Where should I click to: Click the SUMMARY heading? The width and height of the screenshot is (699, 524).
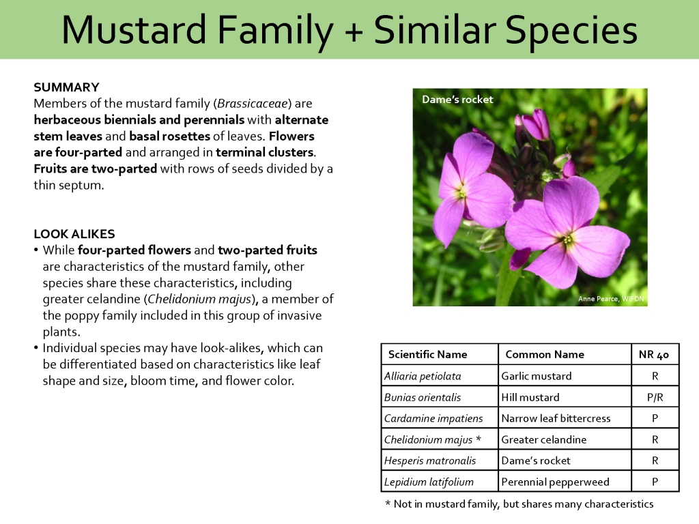click(66, 87)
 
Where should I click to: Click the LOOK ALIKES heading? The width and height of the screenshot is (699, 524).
click(74, 234)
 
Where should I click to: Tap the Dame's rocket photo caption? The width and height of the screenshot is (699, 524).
click(457, 100)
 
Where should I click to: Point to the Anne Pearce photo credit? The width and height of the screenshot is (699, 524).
click(610, 299)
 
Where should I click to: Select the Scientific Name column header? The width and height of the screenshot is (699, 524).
click(427, 354)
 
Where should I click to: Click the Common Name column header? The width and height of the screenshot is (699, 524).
click(544, 354)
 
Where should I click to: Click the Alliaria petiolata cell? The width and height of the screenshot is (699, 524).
click(423, 376)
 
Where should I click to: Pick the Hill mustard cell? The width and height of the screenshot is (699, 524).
click(530, 397)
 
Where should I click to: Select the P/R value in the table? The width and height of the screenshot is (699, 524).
click(655, 397)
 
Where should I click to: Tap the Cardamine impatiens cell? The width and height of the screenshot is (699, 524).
click(433, 418)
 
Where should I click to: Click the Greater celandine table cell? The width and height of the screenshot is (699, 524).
click(543, 439)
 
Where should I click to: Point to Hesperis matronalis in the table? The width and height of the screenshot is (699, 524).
click(429, 461)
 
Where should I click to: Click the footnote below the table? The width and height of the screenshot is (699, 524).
click(519, 504)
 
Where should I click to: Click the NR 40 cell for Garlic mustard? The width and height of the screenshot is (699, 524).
click(655, 376)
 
